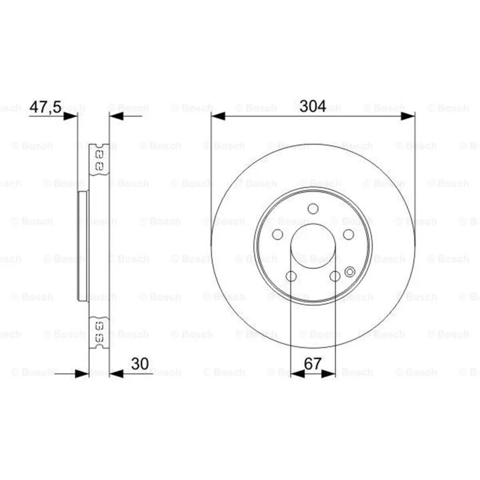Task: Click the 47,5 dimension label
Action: tap(46, 107)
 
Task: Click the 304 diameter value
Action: tap(313, 106)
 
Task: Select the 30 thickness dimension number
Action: tap(140, 364)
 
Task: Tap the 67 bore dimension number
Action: tap(313, 364)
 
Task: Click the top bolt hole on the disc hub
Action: tap(313, 209)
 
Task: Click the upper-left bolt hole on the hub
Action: tap(278, 235)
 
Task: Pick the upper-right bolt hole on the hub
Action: tap(349, 235)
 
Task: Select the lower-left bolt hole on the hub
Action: tap(291, 276)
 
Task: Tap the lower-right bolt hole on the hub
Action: tap(335, 276)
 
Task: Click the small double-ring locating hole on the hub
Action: tap(350, 272)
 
